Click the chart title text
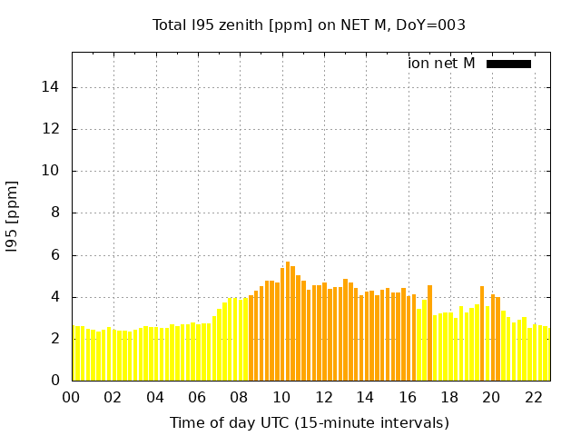tap(309, 25)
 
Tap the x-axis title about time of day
tap(310, 422)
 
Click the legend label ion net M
tap(442, 64)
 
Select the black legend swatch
tap(508, 64)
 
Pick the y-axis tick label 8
tap(57, 213)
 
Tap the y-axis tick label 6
tap(57, 255)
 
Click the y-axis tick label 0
tap(57, 381)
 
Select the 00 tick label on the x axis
tap(72, 397)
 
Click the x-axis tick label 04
tap(155, 397)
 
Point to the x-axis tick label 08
tap(240, 397)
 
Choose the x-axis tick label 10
tap(281, 397)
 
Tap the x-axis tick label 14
tap(365, 397)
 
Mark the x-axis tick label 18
tap(448, 397)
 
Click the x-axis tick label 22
tap(533, 397)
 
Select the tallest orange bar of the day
tap(288, 318)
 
